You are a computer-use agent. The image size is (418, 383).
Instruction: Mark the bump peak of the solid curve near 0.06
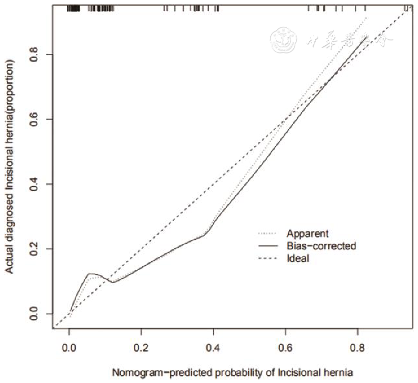click(90, 273)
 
